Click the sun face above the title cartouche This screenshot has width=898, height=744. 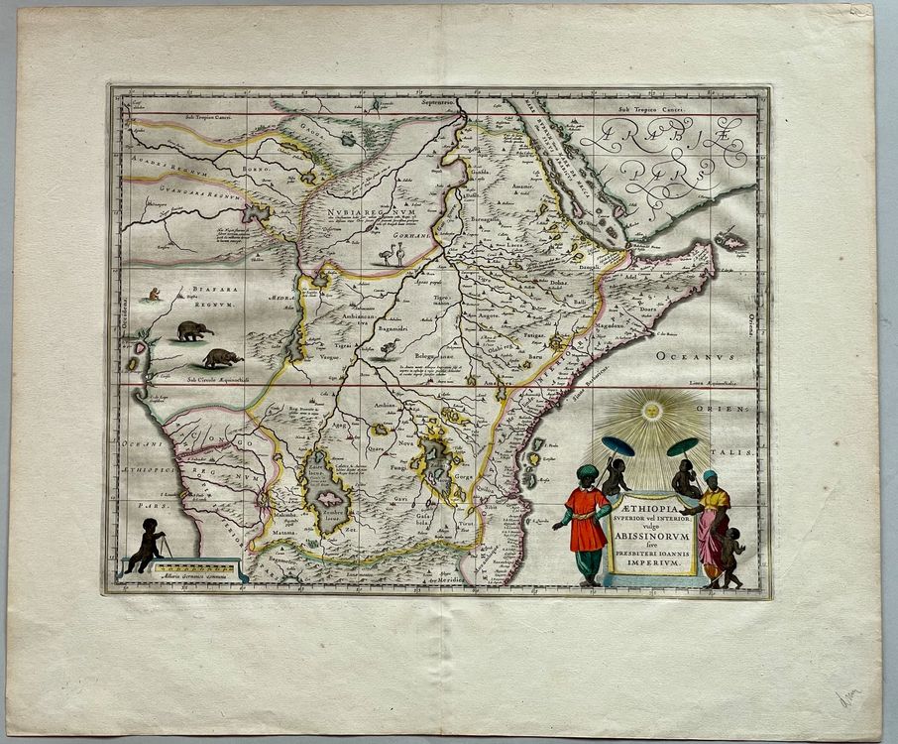[653, 409]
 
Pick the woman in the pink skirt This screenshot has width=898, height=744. [713, 526]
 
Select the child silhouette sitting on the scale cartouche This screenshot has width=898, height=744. [151, 544]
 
